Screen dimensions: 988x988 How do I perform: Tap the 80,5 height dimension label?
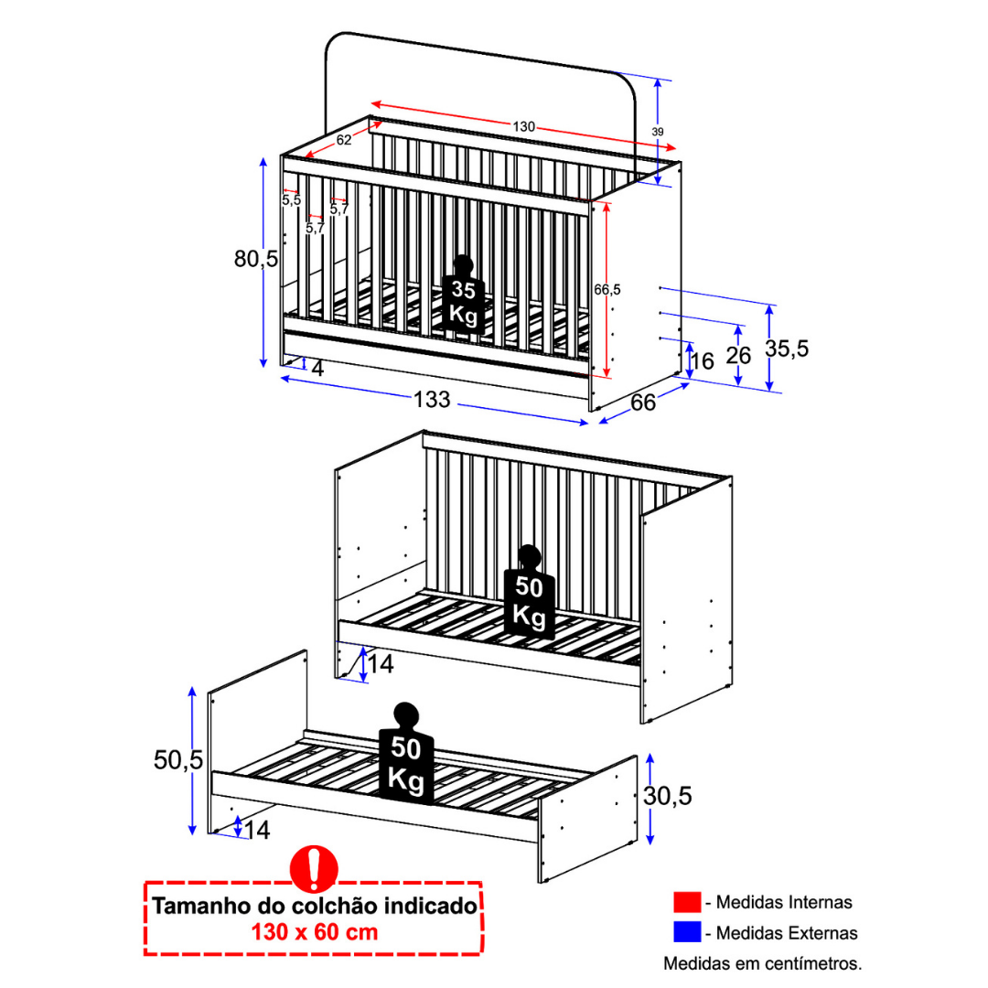tap(255, 259)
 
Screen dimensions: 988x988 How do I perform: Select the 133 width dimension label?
tap(432, 400)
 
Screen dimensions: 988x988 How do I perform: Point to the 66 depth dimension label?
tap(643, 403)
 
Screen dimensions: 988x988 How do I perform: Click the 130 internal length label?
tap(523, 126)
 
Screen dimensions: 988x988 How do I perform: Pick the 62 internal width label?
tap(344, 140)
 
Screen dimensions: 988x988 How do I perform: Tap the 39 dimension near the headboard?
tap(658, 132)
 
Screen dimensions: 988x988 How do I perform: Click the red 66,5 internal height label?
tap(607, 289)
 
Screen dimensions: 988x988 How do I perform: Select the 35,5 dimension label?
tap(788, 349)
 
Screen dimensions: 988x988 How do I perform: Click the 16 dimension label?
tap(702, 361)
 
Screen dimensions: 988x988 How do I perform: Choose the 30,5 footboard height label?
tap(667, 796)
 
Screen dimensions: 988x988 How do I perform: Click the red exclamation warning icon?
tap(314, 868)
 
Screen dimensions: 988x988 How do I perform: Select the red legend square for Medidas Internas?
tap(686, 903)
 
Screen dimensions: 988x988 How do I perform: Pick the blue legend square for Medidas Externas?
tap(686, 932)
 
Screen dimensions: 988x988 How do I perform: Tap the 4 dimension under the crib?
tap(317, 369)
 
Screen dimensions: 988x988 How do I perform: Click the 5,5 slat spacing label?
tap(291, 199)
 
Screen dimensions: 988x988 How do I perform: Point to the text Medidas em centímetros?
tap(762, 962)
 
